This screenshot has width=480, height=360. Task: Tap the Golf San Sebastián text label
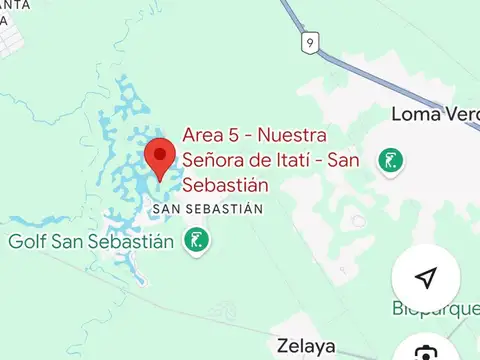point(93,241)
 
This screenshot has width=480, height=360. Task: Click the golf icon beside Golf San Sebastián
point(195,240)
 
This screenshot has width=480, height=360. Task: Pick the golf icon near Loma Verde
point(390,159)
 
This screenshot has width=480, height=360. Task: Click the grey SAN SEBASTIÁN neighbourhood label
point(207,210)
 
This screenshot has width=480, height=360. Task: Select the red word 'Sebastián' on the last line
point(226,185)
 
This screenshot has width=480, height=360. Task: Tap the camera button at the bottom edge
point(426,352)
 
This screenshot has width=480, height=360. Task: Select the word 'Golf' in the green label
point(27,241)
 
